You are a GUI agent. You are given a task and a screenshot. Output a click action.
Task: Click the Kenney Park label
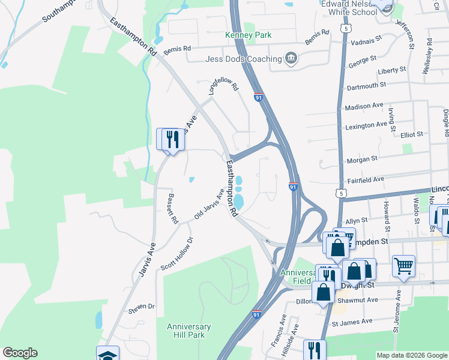[x=249, y=35]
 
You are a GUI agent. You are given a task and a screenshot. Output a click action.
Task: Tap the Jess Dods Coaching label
[x=243, y=59]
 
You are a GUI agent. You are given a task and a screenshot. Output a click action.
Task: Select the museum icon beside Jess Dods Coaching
[x=291, y=58]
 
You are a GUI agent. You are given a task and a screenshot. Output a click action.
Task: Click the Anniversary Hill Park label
[x=189, y=331]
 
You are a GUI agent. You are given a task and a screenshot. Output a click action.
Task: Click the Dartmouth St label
[x=366, y=86]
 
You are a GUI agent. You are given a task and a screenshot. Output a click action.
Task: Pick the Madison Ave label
[x=364, y=106]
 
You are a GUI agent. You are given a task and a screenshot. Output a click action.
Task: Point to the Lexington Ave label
[x=366, y=125]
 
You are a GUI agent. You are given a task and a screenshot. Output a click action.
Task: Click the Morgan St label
[x=362, y=159]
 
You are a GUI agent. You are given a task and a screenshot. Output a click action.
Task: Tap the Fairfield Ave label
[x=366, y=179]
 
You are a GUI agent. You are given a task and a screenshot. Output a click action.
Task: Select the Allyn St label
[x=356, y=221]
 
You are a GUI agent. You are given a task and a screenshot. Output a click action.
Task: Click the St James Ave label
[x=353, y=323]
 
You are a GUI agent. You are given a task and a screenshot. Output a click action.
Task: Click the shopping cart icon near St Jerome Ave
[x=403, y=266]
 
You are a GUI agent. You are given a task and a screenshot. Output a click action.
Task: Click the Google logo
[x=20, y=353]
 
